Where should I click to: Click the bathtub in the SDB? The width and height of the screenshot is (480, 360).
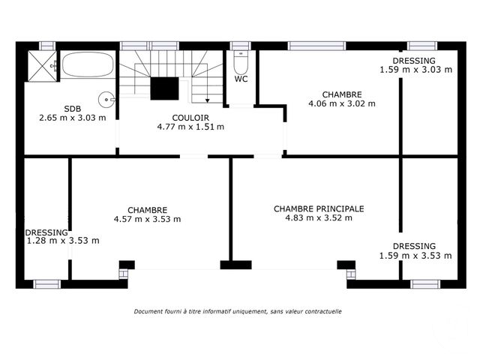click(x=88, y=64)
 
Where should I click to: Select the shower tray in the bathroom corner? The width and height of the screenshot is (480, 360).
click(x=42, y=66)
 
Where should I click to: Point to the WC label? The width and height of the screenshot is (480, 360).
click(x=241, y=79)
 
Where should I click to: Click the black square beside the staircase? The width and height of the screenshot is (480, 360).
click(x=163, y=88)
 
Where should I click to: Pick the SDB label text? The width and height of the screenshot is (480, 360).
click(x=72, y=108)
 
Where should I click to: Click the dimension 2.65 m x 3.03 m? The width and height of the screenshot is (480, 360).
click(x=72, y=117)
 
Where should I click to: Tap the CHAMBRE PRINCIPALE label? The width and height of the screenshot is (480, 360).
click(x=319, y=209)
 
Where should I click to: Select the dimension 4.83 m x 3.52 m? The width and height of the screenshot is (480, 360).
click(x=319, y=218)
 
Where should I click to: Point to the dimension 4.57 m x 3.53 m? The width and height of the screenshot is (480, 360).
click(x=147, y=219)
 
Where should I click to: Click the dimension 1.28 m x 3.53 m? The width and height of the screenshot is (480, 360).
click(x=62, y=241)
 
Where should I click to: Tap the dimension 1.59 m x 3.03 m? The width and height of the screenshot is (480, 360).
click(x=415, y=70)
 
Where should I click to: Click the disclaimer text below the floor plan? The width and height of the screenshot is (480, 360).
click(x=238, y=311)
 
